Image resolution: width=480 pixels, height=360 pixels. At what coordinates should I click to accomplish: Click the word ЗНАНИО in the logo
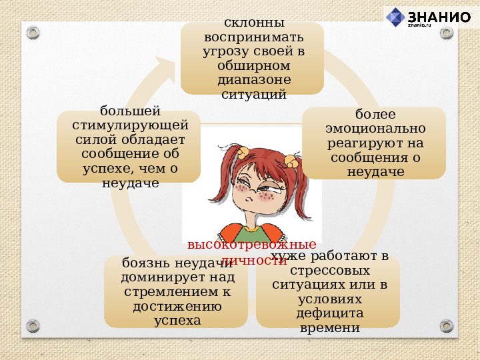coord(439,17)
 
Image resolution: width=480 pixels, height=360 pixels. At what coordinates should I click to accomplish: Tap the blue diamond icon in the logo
coord(396,17)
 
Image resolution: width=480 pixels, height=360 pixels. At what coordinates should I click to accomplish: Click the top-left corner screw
coord(33,32)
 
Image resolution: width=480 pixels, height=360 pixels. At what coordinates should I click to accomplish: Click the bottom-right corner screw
coord(447,325)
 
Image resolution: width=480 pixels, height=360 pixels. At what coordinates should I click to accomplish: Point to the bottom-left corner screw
coord(33,325)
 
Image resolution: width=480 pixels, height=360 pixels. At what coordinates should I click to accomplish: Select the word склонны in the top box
coord(253,22)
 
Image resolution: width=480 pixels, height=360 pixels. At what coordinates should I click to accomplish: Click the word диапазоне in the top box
coord(253,80)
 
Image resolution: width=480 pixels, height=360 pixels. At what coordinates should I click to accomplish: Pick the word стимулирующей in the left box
coord(130,125)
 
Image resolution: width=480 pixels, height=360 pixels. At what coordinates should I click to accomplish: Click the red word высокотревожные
coord(251,245)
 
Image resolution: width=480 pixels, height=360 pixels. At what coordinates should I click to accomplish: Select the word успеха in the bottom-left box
coord(177,321)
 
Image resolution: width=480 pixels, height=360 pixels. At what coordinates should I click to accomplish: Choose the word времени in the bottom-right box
coord(331,328)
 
